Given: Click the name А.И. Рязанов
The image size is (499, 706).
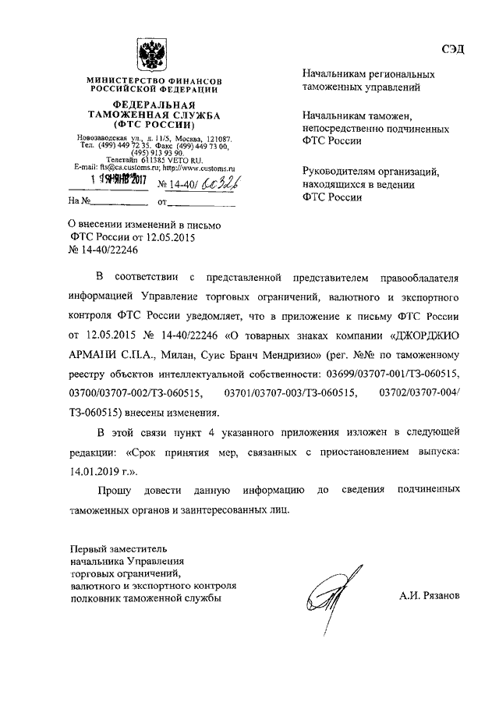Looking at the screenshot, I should point(428,595).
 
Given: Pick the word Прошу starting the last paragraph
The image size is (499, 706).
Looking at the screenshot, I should point(115,490).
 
